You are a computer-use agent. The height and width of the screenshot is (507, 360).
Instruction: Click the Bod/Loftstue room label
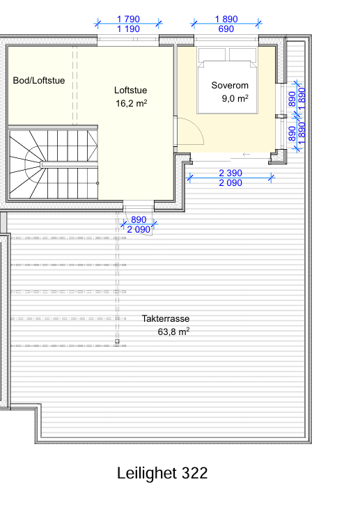point(39,81)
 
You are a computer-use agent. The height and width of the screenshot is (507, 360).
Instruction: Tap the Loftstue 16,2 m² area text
point(132,104)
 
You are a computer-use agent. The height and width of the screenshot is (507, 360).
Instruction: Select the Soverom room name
point(230,86)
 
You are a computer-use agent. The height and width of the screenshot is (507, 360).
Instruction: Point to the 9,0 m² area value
point(235,98)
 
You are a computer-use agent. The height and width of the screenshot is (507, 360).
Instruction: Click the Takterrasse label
point(166,319)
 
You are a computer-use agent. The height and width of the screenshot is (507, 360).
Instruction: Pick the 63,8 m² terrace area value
point(173,331)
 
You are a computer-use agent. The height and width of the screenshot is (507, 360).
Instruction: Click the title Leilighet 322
point(162,474)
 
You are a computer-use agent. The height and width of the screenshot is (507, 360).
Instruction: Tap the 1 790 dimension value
point(128,19)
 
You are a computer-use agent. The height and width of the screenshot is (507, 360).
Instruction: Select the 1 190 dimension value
point(128,29)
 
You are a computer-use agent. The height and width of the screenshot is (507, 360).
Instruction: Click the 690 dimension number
point(226,29)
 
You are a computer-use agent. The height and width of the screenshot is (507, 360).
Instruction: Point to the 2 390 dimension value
point(230,173)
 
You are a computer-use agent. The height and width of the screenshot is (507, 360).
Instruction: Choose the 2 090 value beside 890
point(139,230)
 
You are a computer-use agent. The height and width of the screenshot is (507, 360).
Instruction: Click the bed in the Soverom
point(227,81)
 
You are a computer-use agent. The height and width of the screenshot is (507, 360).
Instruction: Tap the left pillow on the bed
point(212,54)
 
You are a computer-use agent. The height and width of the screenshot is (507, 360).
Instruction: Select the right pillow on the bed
point(243,54)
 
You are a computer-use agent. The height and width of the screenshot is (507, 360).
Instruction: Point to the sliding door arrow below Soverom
point(246,155)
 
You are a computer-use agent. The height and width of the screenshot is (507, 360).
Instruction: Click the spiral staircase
point(54,164)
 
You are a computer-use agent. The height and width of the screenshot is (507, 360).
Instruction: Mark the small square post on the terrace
point(117,341)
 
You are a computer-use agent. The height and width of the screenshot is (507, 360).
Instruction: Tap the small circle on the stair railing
point(97,183)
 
